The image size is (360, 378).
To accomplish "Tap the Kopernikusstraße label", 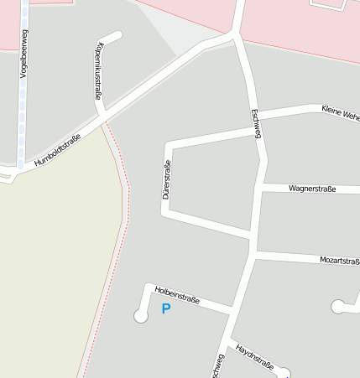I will [100, 70].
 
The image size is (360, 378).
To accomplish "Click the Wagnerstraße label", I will [311, 189].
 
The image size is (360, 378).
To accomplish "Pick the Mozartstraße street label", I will [339, 261].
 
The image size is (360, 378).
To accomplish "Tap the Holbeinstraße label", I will [177, 294].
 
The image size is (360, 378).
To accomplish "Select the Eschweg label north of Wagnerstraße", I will [256, 125].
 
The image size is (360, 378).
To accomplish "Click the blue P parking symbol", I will [165, 309].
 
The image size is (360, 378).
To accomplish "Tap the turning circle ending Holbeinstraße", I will [140, 316].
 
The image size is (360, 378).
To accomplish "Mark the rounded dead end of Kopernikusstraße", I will [117, 35].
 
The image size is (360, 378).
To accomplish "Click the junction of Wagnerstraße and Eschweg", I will [262, 189].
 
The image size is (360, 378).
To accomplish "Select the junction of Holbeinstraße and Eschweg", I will [231, 311].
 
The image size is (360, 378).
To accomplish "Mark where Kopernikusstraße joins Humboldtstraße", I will [103, 120].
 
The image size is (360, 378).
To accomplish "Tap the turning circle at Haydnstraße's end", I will [284, 373].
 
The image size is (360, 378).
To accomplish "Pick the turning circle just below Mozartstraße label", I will [339, 307].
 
